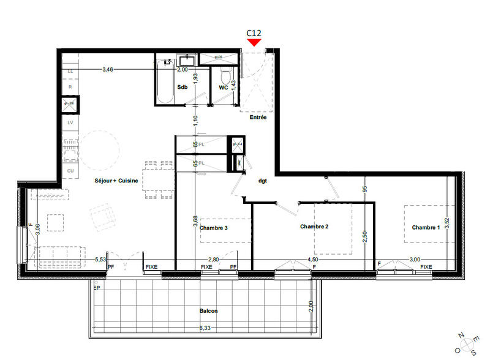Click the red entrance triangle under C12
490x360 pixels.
pos(254,42)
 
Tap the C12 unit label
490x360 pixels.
pos(254,32)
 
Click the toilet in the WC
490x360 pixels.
pos(225,77)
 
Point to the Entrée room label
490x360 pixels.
pos(258,118)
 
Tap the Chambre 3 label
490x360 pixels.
pos(214,228)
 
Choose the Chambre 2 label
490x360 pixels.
pos(314,227)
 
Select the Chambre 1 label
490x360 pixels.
pos(426,228)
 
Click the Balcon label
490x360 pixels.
pos(208,311)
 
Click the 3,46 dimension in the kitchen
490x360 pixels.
pos(108,70)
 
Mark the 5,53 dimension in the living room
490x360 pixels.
pos(100,260)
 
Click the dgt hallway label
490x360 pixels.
pos(263,181)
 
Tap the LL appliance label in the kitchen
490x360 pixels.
pos(70,72)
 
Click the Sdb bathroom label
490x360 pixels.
pos(182,88)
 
